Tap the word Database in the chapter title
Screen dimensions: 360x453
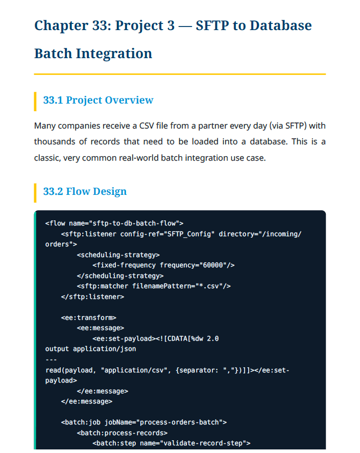pyautogui.click(x=281, y=26)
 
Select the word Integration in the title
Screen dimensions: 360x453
pyautogui.click(x=114, y=54)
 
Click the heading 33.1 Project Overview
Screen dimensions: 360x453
pyautogui.click(x=99, y=100)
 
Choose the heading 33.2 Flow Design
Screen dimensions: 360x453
pyautogui.click(x=85, y=191)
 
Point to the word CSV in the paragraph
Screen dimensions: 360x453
pyautogui.click(x=147, y=126)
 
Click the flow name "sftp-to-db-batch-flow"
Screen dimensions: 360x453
pyautogui.click(x=136, y=223)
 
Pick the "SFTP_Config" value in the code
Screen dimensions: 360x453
pyautogui.click(x=191, y=234)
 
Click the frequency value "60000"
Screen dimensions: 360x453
pyautogui.click(x=213, y=265)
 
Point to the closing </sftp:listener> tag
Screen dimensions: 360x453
pyautogui.click(x=92, y=297)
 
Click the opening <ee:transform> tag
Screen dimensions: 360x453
pyautogui.click(x=88, y=318)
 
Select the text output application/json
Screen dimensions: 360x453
pyautogui.click(x=90, y=349)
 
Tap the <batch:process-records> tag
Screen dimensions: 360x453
pyautogui.click(x=122, y=433)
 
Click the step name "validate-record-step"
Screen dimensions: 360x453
pyautogui.click(x=203, y=443)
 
